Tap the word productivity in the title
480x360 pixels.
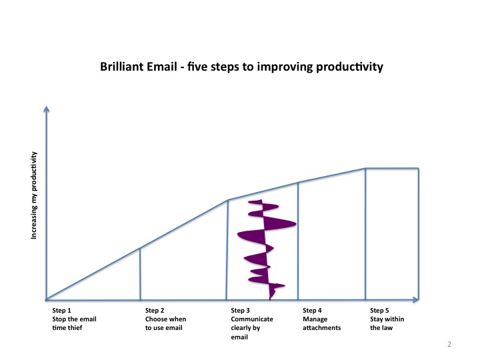tap(349, 67)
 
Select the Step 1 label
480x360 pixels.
tap(61, 311)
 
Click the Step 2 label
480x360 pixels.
tap(155, 311)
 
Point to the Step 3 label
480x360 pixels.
tap(240, 311)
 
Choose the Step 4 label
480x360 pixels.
tap(312, 311)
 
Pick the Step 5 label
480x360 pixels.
tap(379, 311)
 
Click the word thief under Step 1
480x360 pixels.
tap(75, 328)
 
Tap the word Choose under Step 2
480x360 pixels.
tap(155, 319)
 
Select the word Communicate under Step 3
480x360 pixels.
tap(252, 319)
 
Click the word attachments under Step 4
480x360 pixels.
tap(322, 328)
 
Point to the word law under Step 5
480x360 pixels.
tap(387, 328)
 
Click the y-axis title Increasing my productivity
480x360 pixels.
tap(34, 195)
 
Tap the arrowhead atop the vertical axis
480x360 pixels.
tap(47, 109)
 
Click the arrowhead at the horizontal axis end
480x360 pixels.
tap(416, 300)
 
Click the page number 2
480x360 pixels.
tap(449, 344)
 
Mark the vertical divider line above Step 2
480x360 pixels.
tap(140, 274)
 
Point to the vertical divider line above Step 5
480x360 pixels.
tap(365, 234)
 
